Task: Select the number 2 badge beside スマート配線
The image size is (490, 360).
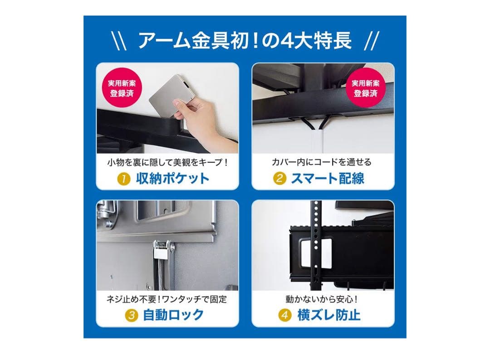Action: pos(279,178)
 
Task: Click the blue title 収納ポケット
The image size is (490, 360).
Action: pos(173,178)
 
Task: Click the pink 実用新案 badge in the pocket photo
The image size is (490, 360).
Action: pos(122,89)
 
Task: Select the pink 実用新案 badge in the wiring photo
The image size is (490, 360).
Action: pos(366,89)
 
